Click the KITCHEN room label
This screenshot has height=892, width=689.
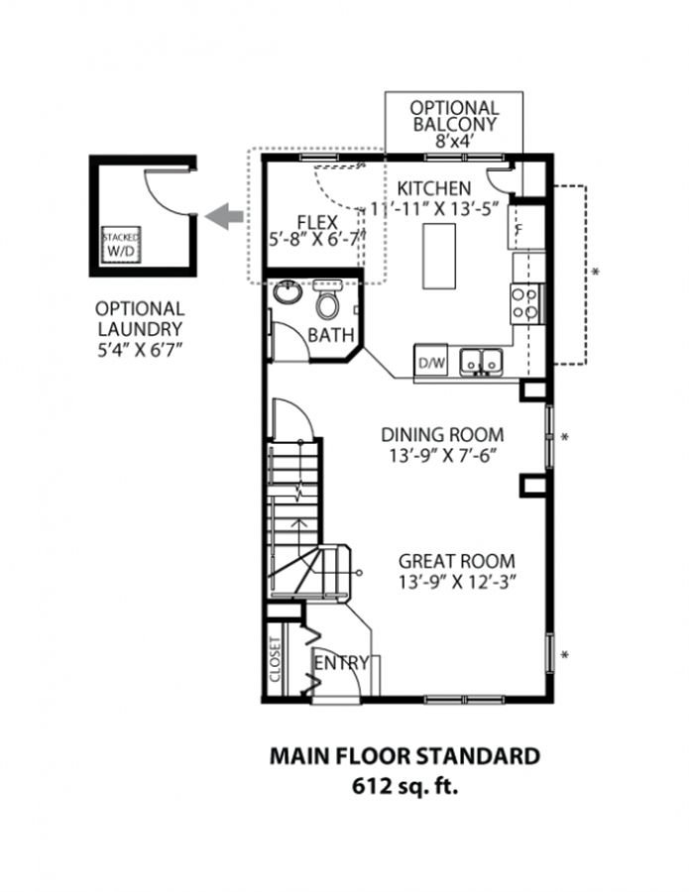tap(434, 187)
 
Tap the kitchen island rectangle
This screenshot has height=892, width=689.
tap(438, 256)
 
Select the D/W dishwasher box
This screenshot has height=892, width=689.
tap(431, 361)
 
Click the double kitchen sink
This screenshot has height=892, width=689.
tap(482, 362)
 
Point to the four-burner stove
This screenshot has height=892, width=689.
tap(525, 303)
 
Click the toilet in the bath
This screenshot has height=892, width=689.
tap(327, 299)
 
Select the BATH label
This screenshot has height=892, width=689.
tap(330, 335)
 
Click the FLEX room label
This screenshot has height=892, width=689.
tap(317, 222)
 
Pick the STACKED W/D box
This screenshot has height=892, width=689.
tap(121, 244)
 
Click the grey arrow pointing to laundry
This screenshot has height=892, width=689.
tap(224, 216)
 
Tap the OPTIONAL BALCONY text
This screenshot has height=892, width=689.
tap(455, 116)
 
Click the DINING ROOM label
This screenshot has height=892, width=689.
tap(442, 435)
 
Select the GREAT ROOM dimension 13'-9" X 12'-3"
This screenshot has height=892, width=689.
tap(457, 582)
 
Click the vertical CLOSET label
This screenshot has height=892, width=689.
tap(276, 660)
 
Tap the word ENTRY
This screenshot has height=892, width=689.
tap(341, 663)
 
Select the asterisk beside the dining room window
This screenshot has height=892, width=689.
tap(565, 437)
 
